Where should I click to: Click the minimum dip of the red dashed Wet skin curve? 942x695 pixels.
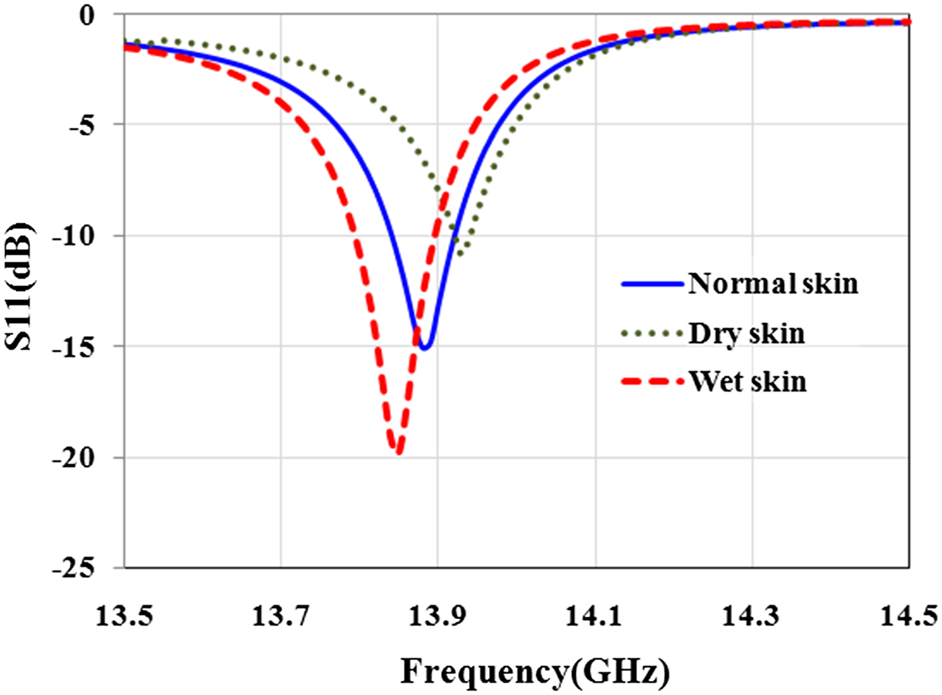coord(398,453)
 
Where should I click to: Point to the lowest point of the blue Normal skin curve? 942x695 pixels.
coord(425,347)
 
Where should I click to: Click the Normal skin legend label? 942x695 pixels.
coord(772,284)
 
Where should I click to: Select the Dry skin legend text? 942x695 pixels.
coord(746,334)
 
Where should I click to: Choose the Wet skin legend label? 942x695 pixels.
coord(748,381)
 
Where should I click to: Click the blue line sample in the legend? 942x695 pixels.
coord(651,284)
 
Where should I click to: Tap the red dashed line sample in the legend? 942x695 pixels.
coord(651,381)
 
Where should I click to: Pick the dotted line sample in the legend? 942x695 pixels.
coord(651,333)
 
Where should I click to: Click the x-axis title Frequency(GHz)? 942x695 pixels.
coord(535,671)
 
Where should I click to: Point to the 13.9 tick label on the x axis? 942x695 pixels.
coord(437,615)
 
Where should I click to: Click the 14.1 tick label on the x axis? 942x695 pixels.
coord(595,615)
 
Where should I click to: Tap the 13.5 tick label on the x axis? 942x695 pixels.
coord(124,615)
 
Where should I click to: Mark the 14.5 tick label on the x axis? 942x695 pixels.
coord(908,615)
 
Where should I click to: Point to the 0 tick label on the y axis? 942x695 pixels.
coord(87,15)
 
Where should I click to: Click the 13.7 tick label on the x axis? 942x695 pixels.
coord(281,615)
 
